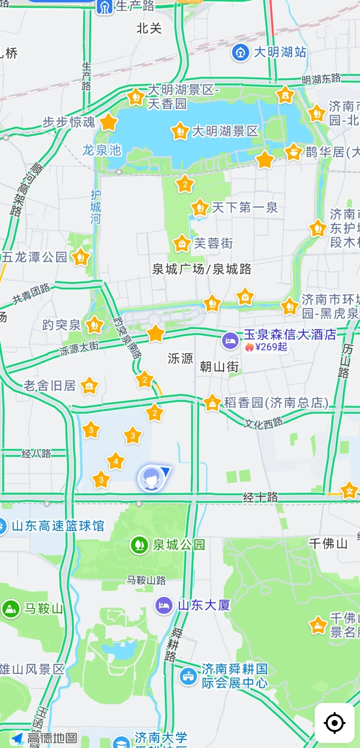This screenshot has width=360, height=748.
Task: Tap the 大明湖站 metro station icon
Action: click(240, 53)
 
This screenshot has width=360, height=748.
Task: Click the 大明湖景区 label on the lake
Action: click(225, 131)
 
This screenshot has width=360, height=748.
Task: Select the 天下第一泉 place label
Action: click(245, 208)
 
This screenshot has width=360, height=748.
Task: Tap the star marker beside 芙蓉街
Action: click(182, 244)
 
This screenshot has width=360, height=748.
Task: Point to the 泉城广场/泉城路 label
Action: click(202, 269)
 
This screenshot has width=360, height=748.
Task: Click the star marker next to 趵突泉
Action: click(95, 325)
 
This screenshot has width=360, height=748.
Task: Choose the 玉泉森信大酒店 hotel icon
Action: click(230, 341)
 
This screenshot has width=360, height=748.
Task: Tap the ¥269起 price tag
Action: click(267, 347)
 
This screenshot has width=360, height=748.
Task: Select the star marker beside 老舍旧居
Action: click(89, 386)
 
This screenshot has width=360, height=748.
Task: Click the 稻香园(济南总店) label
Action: click(276, 402)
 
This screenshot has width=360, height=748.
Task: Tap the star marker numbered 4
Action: click(116, 461)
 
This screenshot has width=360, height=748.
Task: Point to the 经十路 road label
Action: click(260, 497)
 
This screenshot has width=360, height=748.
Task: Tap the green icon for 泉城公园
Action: click(139, 545)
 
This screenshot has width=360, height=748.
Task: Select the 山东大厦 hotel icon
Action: click(164, 605)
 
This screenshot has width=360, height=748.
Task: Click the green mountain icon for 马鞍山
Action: click(11, 608)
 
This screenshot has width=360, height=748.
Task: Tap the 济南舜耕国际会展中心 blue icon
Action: click(188, 676)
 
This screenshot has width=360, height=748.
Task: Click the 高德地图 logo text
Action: click(52, 738)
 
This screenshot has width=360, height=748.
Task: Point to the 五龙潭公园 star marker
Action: click(81, 258)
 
